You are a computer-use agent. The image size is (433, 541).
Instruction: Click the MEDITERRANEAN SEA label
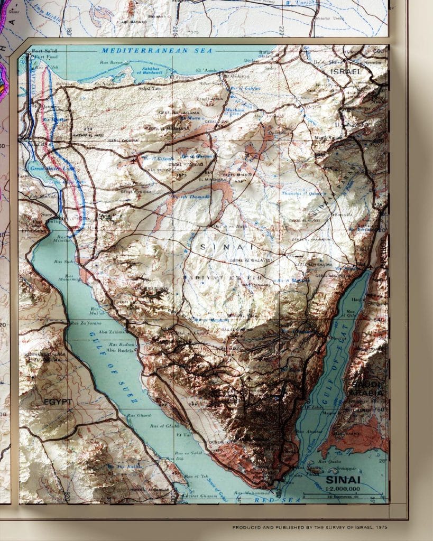(156, 51)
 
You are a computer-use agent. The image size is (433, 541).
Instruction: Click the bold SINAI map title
(343, 480)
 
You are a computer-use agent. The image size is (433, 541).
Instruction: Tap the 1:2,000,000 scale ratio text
(343, 489)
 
